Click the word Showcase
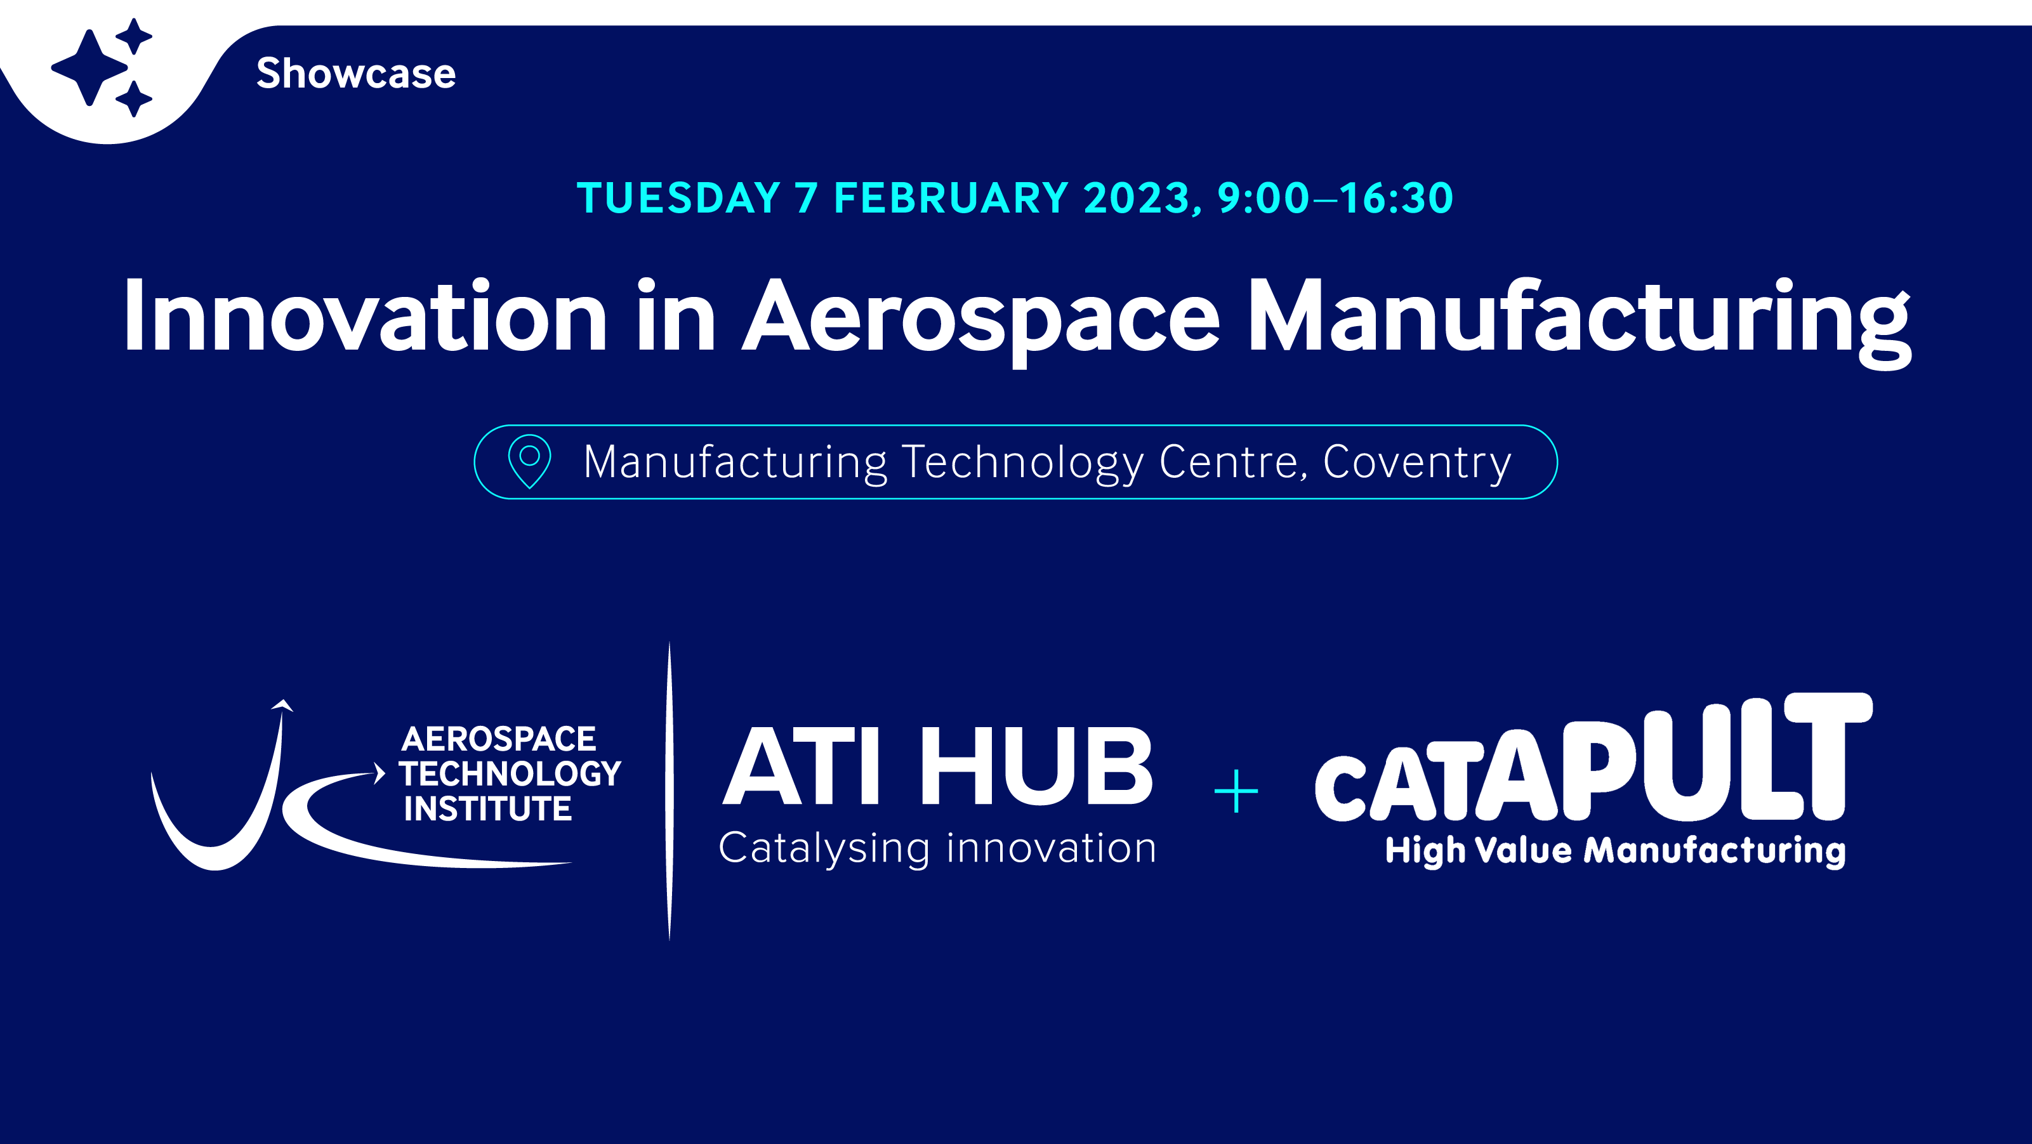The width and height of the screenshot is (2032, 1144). [x=356, y=74]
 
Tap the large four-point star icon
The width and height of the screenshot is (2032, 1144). [x=89, y=67]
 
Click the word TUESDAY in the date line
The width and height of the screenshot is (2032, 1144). [x=678, y=197]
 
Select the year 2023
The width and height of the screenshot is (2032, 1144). [x=1136, y=197]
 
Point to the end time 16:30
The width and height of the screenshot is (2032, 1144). [x=1396, y=197]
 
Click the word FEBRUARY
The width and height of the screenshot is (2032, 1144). [x=951, y=197]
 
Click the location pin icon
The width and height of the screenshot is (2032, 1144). [x=529, y=461]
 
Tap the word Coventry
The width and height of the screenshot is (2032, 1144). [x=1416, y=463]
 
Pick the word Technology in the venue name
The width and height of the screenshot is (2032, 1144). [x=1022, y=463]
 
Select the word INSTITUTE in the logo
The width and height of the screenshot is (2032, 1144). [x=487, y=809]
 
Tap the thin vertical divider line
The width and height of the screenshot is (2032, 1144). [x=670, y=791]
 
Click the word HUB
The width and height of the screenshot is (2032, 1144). [x=1036, y=766]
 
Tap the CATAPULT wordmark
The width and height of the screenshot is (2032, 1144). [x=1593, y=757]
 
